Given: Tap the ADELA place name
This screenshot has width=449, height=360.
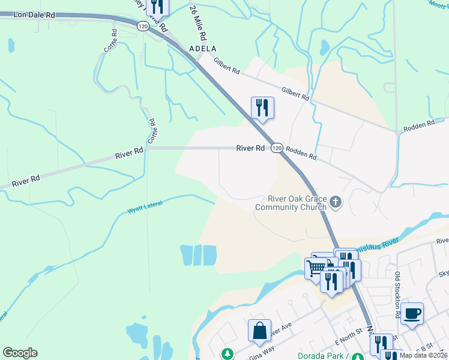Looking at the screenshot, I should [202, 48].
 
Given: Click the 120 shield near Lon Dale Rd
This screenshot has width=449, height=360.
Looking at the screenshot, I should [142, 26].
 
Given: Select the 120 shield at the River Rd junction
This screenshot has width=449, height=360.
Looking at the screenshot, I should [276, 148].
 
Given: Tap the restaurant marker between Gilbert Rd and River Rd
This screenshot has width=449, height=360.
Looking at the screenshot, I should [262, 108].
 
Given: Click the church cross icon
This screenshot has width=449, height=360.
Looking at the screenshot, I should [336, 203].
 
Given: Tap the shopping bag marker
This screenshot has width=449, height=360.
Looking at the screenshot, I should [259, 331].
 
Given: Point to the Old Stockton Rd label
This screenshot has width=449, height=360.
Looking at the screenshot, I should [397, 287].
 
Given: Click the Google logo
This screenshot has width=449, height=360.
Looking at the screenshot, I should [20, 353].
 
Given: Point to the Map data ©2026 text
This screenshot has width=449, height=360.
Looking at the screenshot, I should [423, 355].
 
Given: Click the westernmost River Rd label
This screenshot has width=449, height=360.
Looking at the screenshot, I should [25, 179].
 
